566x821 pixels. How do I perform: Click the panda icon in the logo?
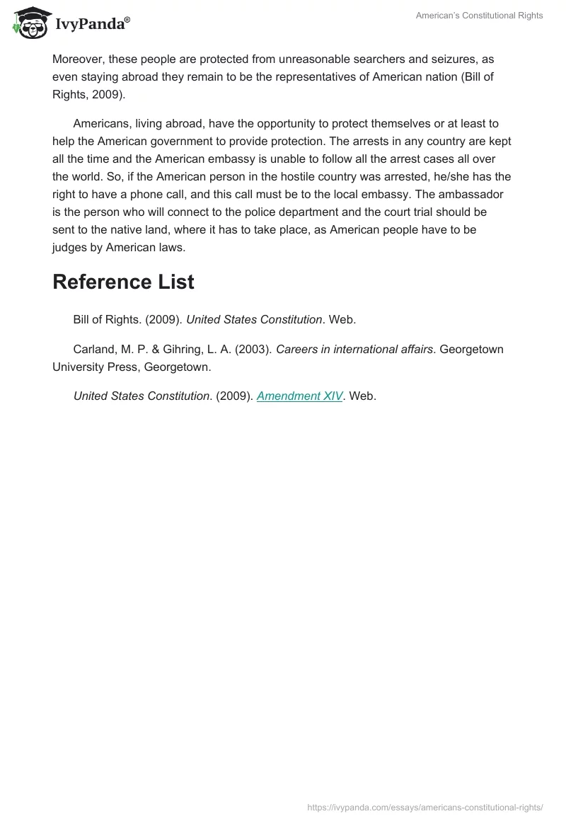28,23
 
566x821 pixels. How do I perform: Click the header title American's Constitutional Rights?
479,16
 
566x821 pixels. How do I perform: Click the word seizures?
454,59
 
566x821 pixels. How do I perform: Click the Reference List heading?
123,282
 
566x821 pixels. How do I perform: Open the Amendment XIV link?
299,396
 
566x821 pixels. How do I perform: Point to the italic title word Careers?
298,349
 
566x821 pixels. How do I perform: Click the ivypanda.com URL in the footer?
425,807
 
